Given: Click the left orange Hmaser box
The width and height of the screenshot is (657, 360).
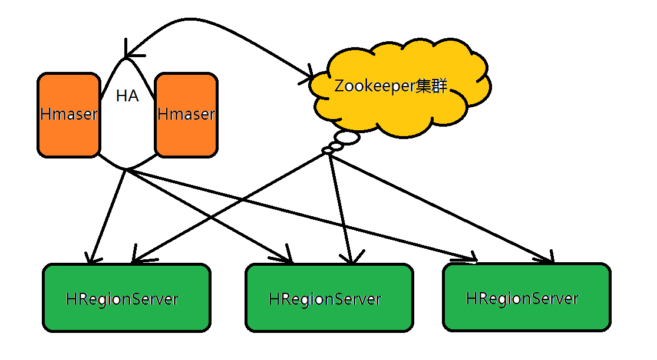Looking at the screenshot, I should point(68,115).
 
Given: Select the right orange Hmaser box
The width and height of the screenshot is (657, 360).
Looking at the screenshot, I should point(186,115).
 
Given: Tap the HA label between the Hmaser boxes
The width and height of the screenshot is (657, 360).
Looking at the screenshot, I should point(127,96).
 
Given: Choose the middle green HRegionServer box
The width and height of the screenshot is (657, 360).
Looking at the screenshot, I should point(329,297).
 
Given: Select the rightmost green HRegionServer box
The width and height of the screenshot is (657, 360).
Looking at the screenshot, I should point(526,297).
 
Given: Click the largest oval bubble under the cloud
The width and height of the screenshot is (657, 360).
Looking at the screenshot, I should point(348,138).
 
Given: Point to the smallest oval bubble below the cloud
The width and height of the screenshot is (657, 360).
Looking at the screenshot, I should point(328,151).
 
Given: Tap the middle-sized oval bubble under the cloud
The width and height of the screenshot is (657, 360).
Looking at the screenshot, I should point(336,145).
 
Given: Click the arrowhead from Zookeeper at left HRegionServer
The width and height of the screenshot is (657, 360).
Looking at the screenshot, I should point(134,259).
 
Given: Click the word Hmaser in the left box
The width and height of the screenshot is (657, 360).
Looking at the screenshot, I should point(68,114).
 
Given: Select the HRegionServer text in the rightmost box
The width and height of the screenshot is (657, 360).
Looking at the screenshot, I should point(522,298).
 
